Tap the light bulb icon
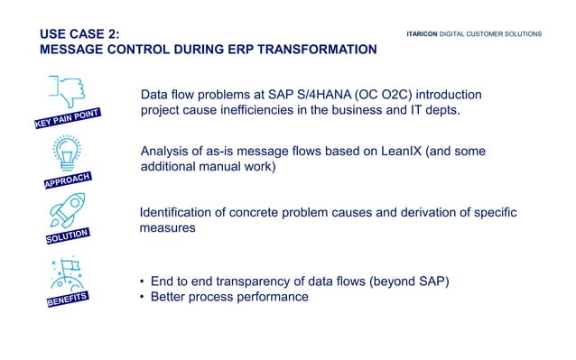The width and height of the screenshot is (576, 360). [68, 152]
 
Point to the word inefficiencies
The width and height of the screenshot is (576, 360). [279, 111]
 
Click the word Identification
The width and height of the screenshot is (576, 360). [179, 212]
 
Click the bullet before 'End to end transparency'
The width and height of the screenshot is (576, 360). [143, 281]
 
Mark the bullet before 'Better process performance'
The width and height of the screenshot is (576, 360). [143, 297]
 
